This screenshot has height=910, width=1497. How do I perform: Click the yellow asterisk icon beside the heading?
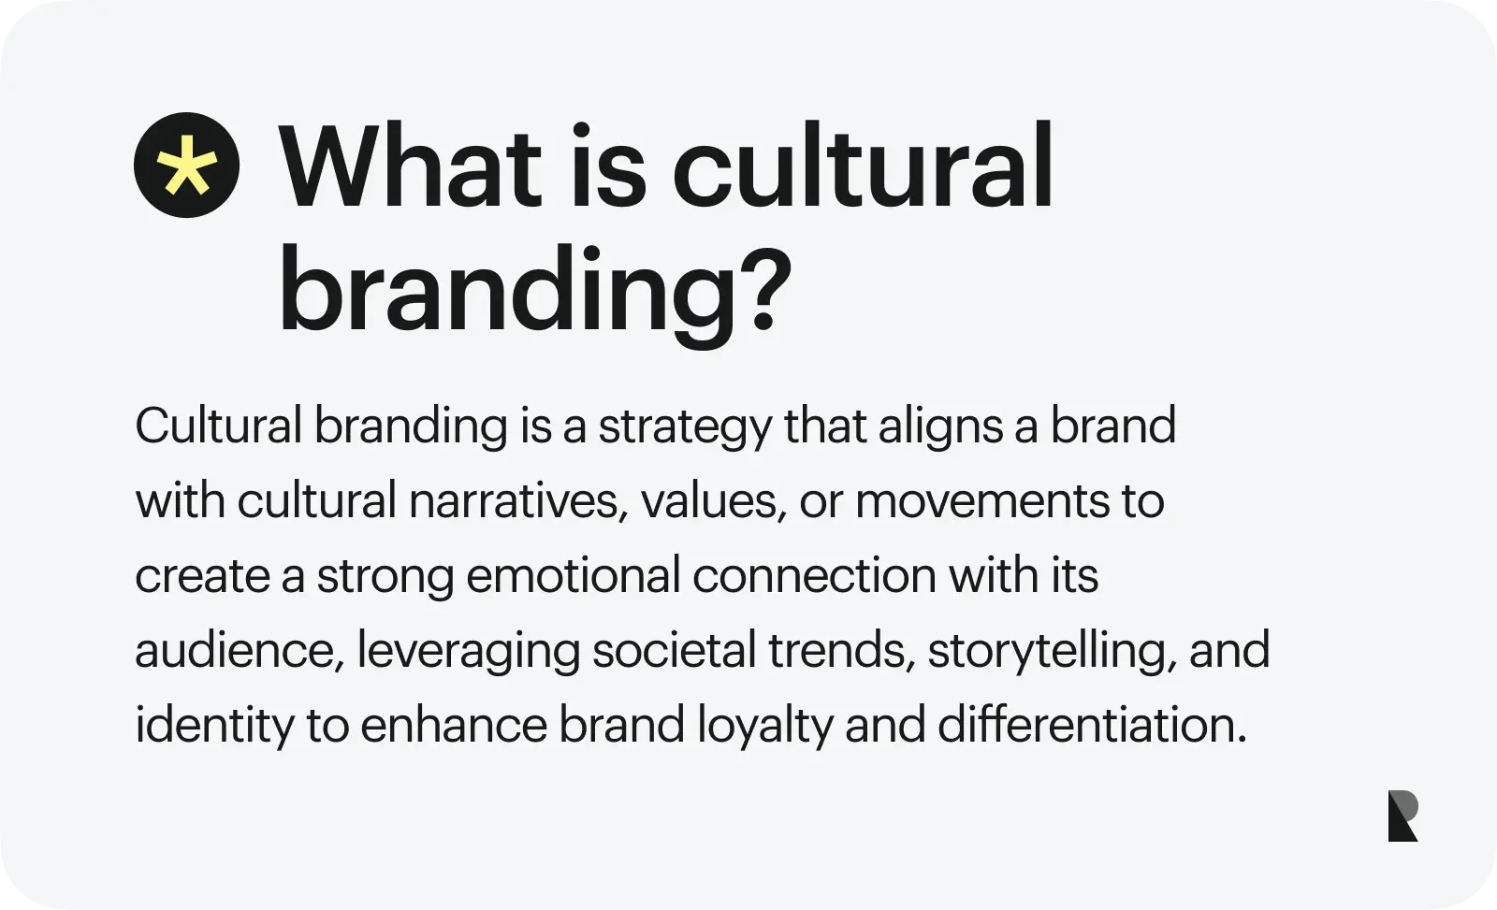186,166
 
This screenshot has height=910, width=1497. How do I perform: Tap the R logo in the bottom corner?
1403,816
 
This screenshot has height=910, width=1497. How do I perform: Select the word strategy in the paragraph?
685,427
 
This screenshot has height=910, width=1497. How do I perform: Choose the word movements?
981,500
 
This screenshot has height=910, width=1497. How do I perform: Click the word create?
202,575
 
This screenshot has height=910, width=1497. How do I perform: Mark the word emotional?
573,575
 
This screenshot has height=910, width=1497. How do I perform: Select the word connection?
814,575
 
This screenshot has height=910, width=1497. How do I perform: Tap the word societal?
674,650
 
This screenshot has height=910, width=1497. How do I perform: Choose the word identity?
214,727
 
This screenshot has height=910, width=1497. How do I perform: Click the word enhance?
454,725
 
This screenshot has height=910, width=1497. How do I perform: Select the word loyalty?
764,727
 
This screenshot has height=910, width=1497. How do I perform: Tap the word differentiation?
1092,725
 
